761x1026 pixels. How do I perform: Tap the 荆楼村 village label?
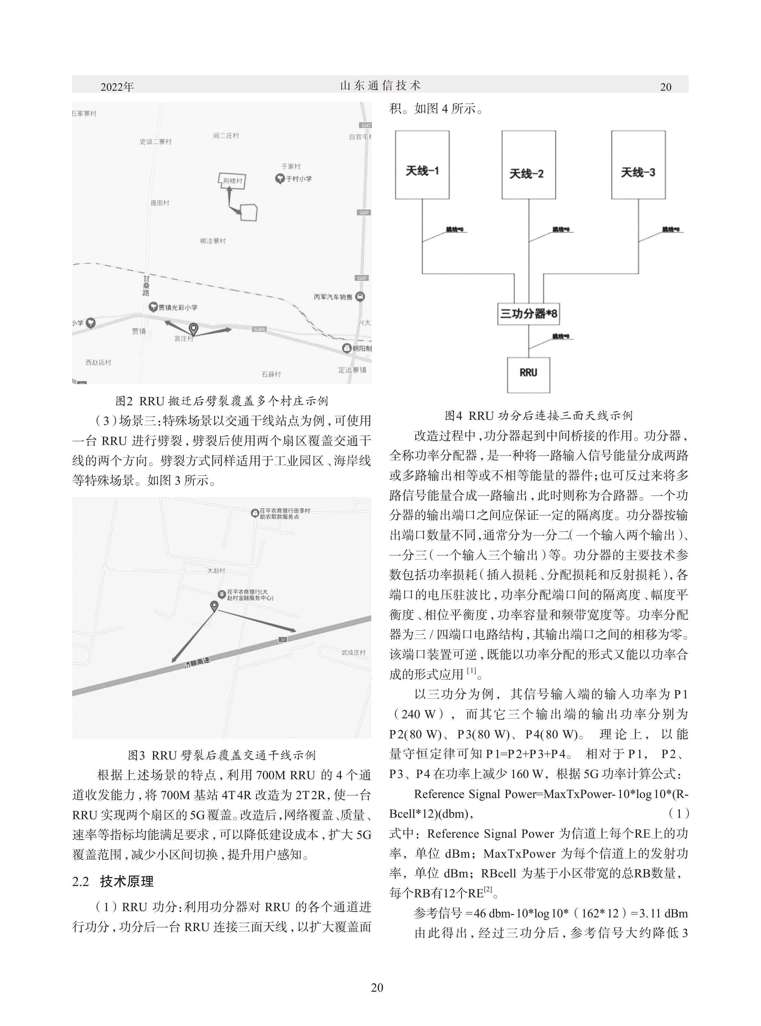[233, 181]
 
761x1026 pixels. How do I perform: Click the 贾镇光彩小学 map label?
[178, 307]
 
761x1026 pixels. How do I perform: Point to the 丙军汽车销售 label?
[333, 297]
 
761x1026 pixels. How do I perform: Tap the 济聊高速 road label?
[197, 664]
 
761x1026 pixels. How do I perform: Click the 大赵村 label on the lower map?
[216, 571]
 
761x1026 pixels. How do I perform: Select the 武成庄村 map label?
[354, 652]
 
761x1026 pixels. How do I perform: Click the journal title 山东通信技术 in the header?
[380, 86]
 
